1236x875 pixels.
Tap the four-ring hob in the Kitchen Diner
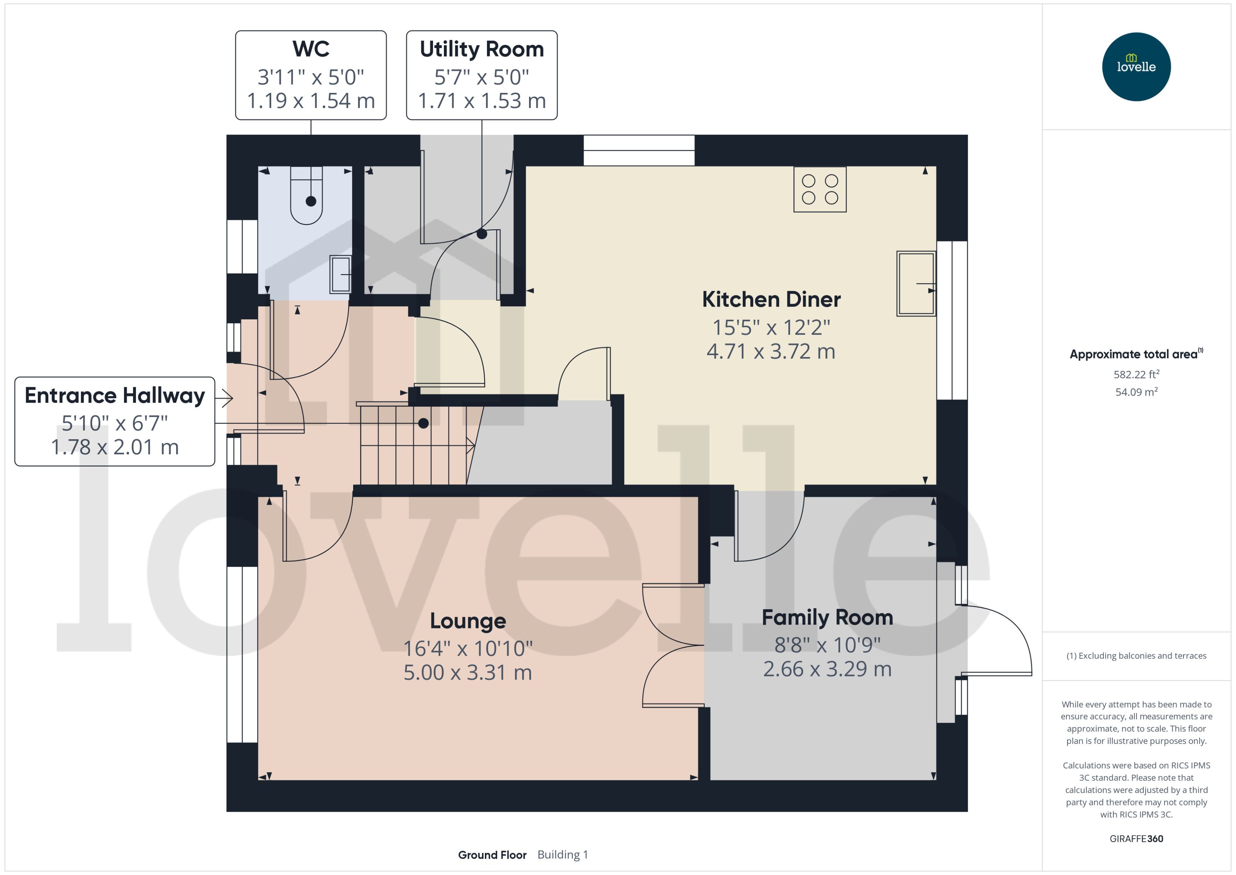(x=820, y=189)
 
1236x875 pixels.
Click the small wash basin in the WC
(x=340, y=274)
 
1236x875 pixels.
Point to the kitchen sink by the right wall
(x=916, y=283)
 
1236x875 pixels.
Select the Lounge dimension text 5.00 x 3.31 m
(x=468, y=673)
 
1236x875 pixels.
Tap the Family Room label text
(x=827, y=617)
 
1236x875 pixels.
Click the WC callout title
(x=311, y=49)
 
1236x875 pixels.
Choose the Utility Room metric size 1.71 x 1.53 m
(x=481, y=101)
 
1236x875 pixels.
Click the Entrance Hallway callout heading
(x=115, y=396)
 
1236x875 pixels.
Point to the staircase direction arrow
(x=470, y=445)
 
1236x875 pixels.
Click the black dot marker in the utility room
(x=481, y=234)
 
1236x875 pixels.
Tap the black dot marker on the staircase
(x=423, y=424)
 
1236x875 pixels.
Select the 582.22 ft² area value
(x=1136, y=374)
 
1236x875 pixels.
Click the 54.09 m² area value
(x=1136, y=392)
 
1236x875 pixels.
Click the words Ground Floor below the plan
(x=492, y=855)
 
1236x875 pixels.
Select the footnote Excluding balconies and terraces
(x=1136, y=656)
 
